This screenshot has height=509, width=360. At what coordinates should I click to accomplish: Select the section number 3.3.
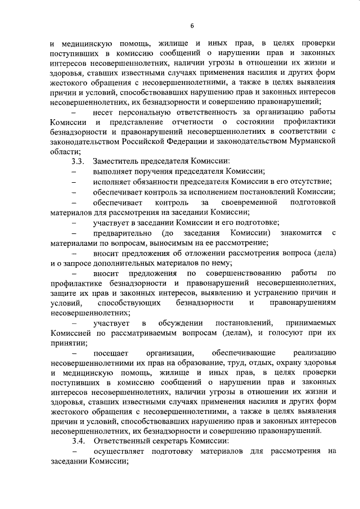pos(78,161)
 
